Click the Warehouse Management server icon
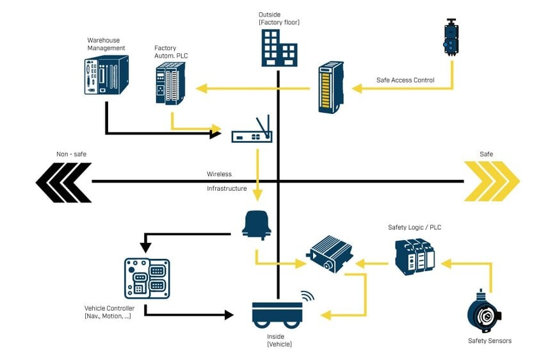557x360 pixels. pyautogui.click(x=106, y=75)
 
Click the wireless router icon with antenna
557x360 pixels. pyautogui.click(x=252, y=131)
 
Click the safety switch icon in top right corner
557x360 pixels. pyautogui.click(x=452, y=37)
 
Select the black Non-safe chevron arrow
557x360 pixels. pyautogui.click(x=63, y=181)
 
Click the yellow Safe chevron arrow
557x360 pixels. pyautogui.click(x=491, y=181)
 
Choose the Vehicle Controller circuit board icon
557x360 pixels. pyautogui.click(x=147, y=278)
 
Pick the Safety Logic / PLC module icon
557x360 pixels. pyautogui.click(x=414, y=257)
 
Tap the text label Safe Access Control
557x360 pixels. pyautogui.click(x=405, y=80)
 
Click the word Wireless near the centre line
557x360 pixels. pyautogui.click(x=219, y=174)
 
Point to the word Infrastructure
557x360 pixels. pyautogui.click(x=227, y=189)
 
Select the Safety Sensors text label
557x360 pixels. pyautogui.click(x=489, y=341)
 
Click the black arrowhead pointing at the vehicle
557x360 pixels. pyautogui.click(x=228, y=315)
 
